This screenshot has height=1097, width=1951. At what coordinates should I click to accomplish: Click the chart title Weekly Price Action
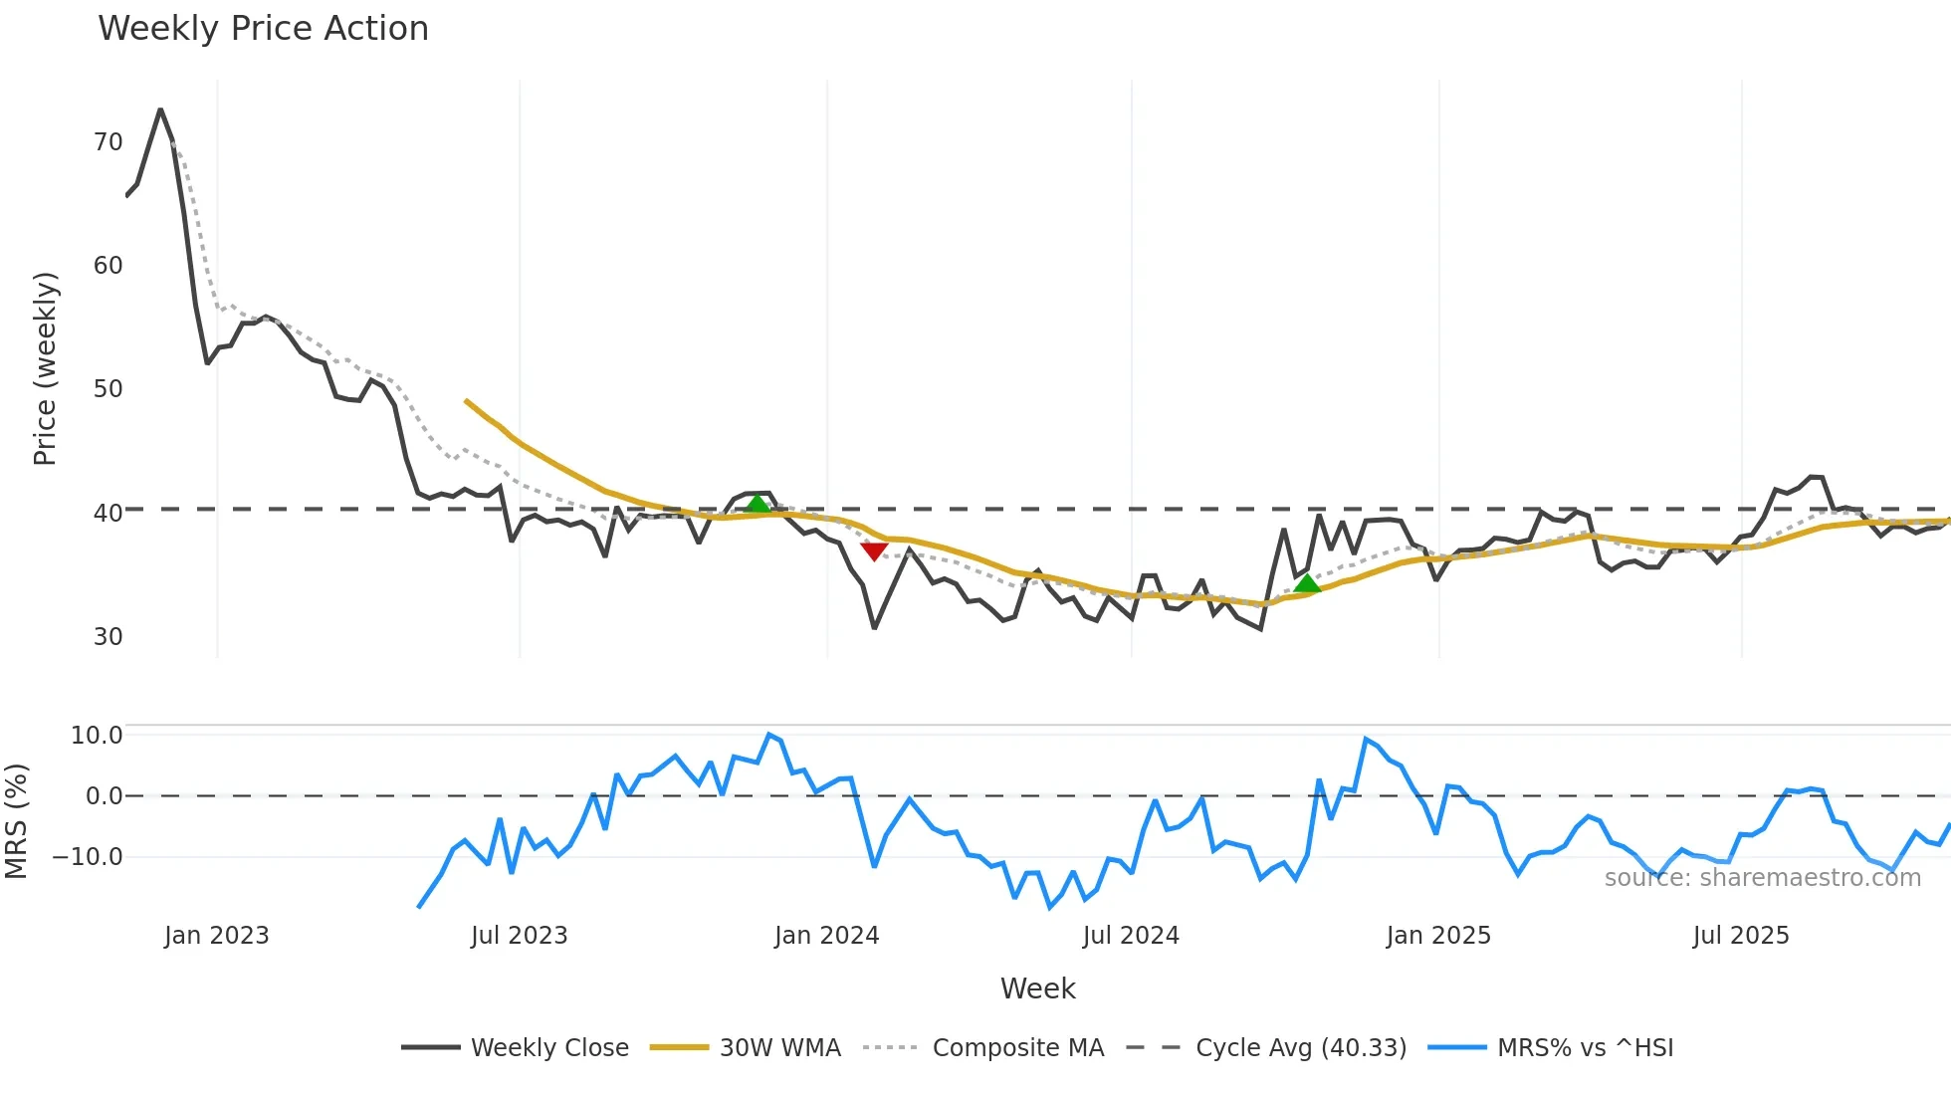[x=263, y=29]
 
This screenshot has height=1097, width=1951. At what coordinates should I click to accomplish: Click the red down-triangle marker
[x=874, y=551]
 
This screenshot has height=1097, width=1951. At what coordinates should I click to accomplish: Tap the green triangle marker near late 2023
[x=758, y=504]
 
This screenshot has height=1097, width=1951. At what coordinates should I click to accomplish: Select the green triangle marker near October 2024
[x=1307, y=583]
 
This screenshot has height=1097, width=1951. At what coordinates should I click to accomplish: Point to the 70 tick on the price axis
[x=108, y=142]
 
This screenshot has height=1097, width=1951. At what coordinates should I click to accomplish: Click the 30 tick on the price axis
[x=108, y=637]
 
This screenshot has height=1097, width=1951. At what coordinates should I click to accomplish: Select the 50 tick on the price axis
[x=108, y=389]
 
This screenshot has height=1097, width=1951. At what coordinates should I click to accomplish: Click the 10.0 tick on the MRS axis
[x=96, y=736]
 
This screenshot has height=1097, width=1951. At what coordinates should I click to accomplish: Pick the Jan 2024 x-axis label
[x=826, y=936]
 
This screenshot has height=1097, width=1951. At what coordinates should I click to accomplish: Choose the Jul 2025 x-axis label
[x=1740, y=936]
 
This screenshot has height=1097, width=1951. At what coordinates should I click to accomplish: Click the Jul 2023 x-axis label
[x=519, y=936]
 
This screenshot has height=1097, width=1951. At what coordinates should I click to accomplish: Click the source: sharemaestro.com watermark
[x=1762, y=878]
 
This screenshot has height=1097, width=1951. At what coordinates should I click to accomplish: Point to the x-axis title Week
[x=1037, y=988]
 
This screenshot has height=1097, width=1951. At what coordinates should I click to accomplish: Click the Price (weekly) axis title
[x=45, y=368]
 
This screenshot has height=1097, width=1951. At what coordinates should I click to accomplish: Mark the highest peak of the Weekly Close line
[x=160, y=110]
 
